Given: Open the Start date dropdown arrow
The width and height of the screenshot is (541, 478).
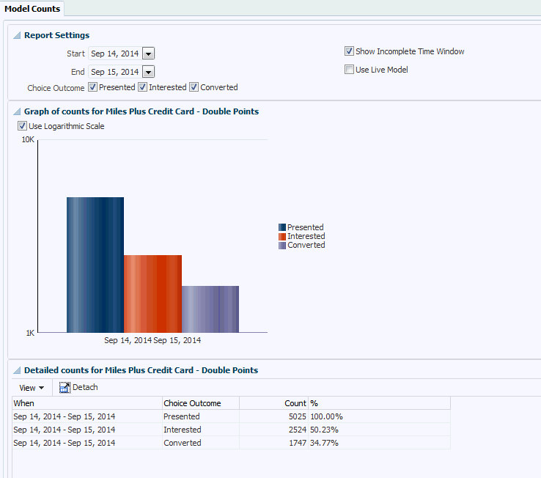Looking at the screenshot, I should [148, 54].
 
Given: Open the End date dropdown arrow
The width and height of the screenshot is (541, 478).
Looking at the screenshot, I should [148, 72].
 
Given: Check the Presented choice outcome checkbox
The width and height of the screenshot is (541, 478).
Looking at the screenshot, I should [93, 87].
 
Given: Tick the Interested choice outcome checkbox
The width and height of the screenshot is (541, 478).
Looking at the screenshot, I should [143, 87].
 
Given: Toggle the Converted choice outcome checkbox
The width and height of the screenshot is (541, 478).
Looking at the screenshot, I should [194, 87].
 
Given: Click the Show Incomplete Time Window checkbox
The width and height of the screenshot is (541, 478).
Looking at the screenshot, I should [350, 51].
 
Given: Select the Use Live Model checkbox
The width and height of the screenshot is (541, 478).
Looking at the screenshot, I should [350, 70].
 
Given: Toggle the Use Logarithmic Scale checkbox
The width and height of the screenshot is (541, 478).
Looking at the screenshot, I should [23, 126].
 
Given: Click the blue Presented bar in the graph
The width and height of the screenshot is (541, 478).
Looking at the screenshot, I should [95, 264].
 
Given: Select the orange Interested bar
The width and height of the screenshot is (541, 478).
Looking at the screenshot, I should [152, 293].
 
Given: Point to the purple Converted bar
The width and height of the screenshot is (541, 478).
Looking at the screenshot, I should [210, 309].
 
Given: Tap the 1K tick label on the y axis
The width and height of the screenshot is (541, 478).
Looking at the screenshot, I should [30, 333].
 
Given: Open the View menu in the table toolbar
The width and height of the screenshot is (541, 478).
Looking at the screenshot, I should [32, 388].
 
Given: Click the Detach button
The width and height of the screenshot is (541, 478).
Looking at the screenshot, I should [78, 387].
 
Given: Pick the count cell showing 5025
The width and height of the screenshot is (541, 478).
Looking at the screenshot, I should [295, 416].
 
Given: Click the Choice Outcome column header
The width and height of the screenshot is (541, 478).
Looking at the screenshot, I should [192, 403].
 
